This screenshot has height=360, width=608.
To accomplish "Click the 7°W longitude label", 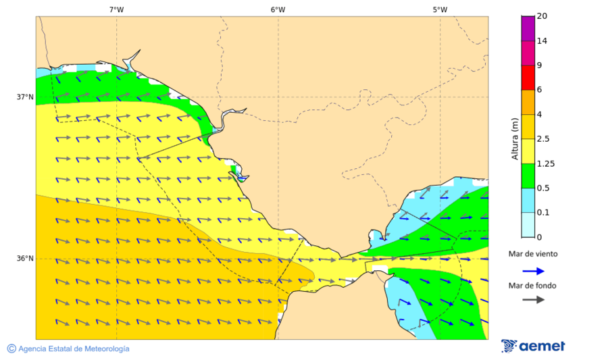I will pos(116,9).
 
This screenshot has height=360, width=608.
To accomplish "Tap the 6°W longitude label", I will pos(278,9).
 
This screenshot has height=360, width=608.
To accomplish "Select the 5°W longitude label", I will pos(440,9).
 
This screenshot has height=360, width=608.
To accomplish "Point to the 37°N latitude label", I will pos(25,97).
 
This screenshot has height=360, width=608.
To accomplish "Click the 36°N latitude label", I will pos(25,258).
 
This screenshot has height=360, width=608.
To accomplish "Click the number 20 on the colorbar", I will pos(541,16).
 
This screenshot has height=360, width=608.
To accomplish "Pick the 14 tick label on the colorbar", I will pos(541,41).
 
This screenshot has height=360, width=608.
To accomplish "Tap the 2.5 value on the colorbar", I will pos(542,138).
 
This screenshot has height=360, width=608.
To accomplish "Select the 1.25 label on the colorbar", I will pos(544,163).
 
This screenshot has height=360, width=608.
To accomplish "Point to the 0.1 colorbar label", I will pos(542,212).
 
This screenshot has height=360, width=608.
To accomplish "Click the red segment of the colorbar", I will pos(528,77).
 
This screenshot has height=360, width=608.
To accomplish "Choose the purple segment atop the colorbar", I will pos(528,28).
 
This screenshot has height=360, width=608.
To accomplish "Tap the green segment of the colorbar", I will pos(528,175).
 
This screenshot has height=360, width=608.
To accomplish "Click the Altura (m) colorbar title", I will pos(515,138).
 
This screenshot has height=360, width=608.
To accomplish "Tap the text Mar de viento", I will pos(533,254).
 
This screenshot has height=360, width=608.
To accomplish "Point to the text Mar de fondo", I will pos(533,285).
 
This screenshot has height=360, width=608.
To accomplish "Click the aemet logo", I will pos(534,346).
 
